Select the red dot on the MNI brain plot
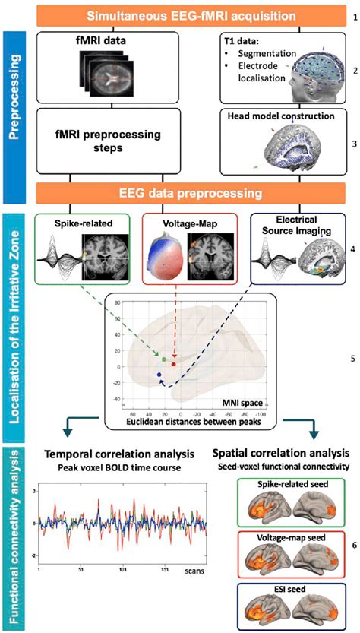click(x=174, y=364)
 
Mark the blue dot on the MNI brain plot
click(x=159, y=375)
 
